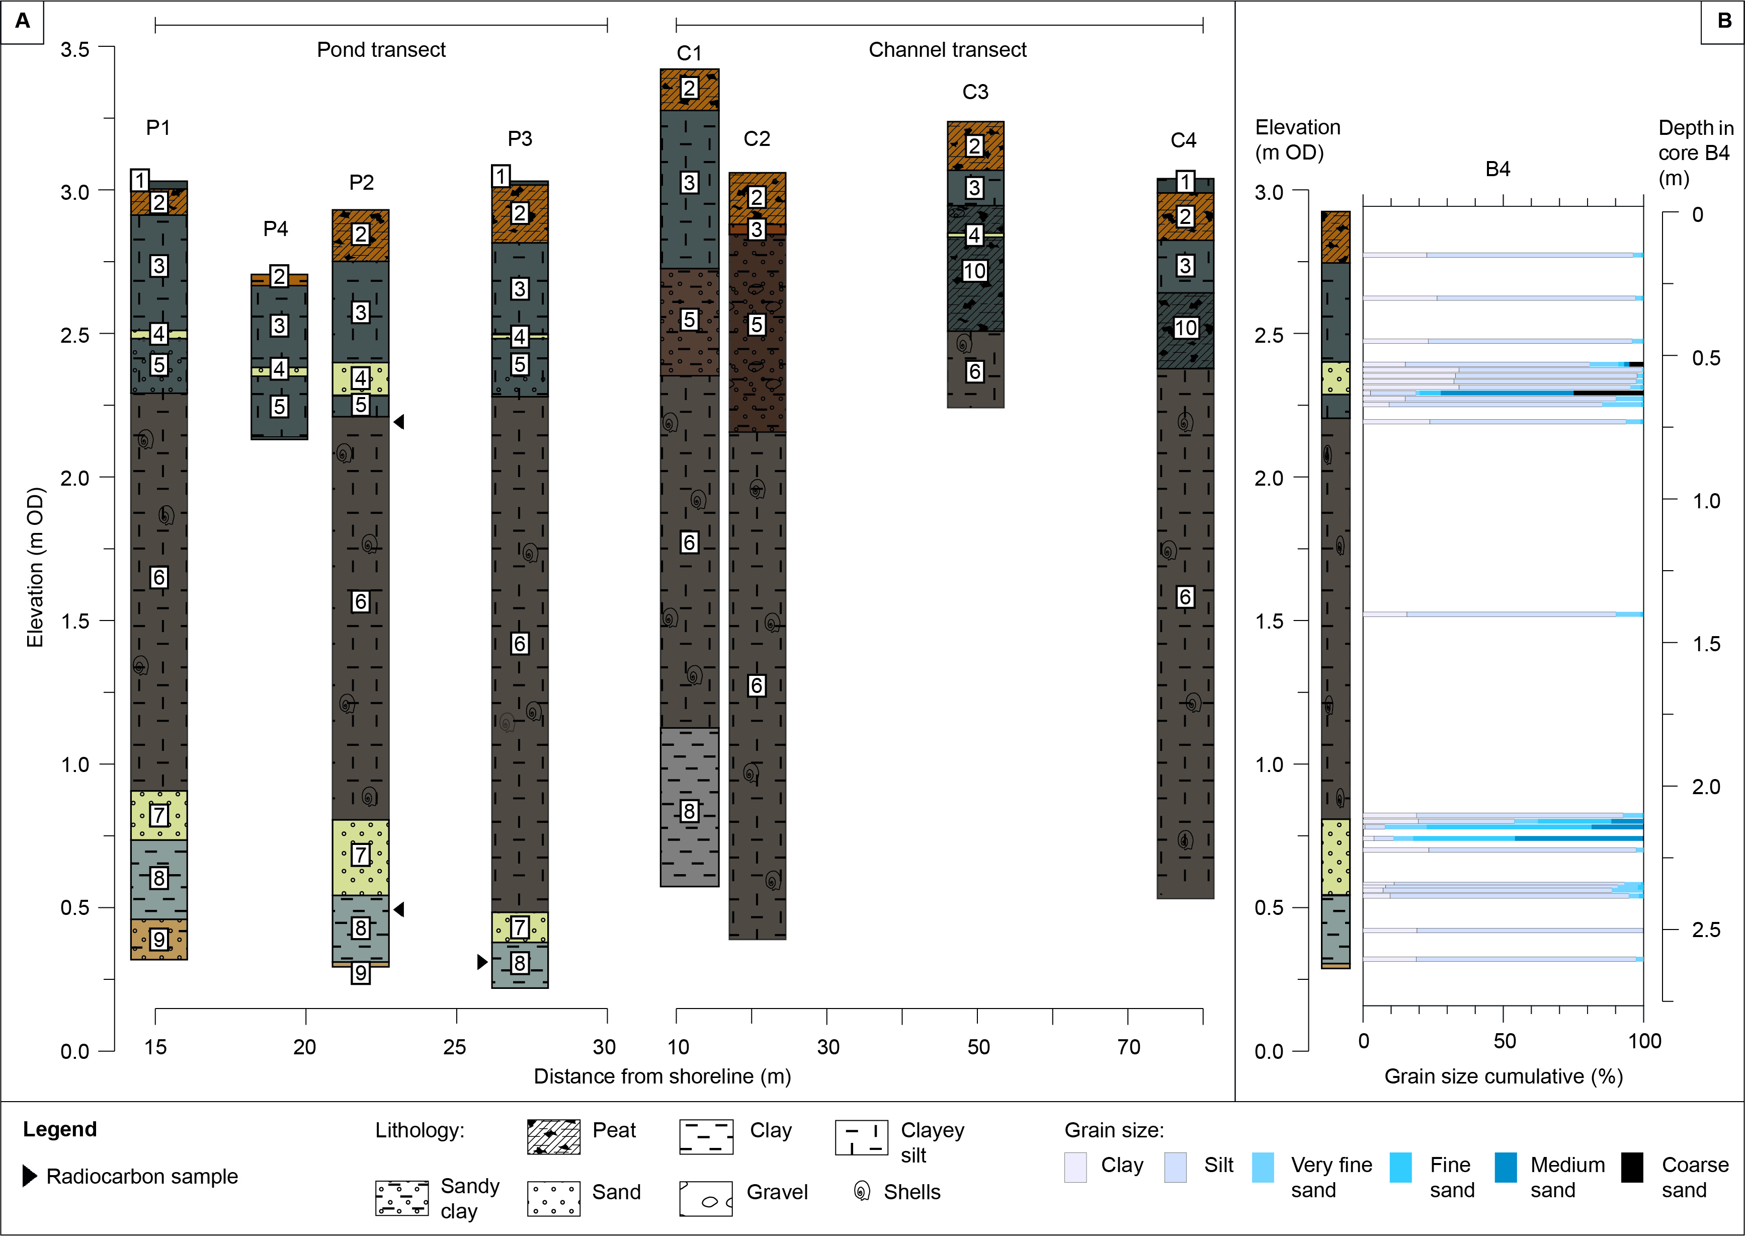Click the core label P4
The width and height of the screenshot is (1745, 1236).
275,228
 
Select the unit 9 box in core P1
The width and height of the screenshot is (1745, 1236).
158,939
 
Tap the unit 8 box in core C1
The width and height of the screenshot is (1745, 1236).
689,811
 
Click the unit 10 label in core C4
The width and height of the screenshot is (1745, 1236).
1185,328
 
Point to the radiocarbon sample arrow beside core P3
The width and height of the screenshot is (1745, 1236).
481,962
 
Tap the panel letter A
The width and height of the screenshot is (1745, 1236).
23,21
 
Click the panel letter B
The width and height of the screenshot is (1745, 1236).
1724,21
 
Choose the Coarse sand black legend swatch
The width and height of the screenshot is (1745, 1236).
1632,1167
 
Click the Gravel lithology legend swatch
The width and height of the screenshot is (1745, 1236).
706,1199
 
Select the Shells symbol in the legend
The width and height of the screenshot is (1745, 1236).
862,1191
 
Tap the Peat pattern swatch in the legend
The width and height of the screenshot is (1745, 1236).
554,1137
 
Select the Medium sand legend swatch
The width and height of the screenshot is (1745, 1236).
1506,1167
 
